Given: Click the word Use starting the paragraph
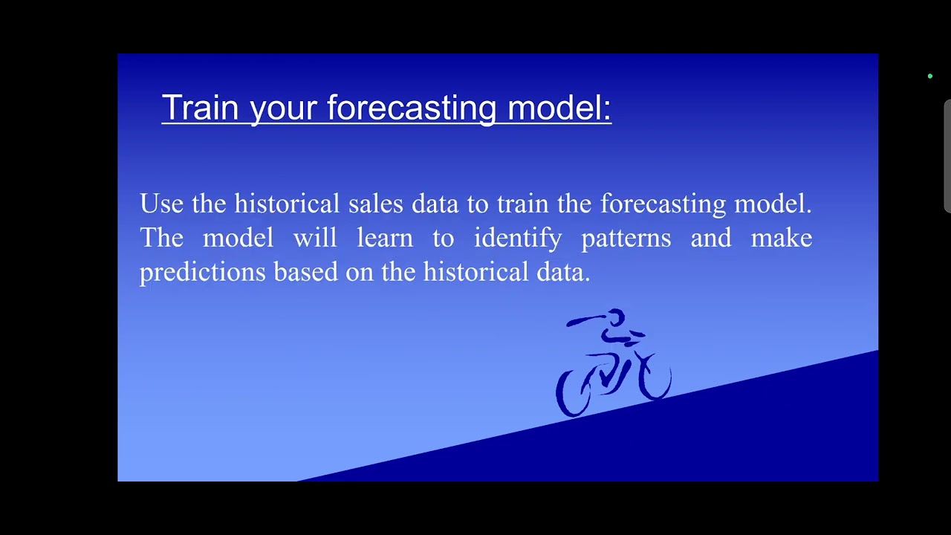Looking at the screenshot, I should click(x=161, y=204).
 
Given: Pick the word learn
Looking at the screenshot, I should click(x=384, y=238).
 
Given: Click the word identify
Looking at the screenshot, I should click(x=518, y=239).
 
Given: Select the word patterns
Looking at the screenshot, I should click(x=626, y=239).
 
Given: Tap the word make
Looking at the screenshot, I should click(x=781, y=238).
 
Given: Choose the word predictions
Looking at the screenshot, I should click(x=202, y=273).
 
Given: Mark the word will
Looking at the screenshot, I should click(x=315, y=238).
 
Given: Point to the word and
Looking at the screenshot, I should click(x=710, y=238).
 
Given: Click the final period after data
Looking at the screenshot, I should click(x=588, y=279).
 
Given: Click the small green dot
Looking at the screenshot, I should click(x=929, y=76).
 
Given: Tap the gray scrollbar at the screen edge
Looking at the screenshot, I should click(x=947, y=156).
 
